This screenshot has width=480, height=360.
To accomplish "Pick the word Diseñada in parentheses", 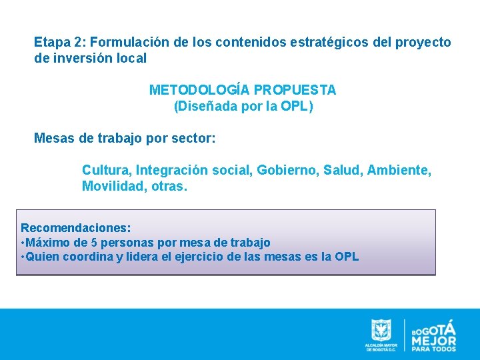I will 203,106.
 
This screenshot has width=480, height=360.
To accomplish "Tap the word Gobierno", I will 291,171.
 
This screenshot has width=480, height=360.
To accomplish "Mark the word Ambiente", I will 402,171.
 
